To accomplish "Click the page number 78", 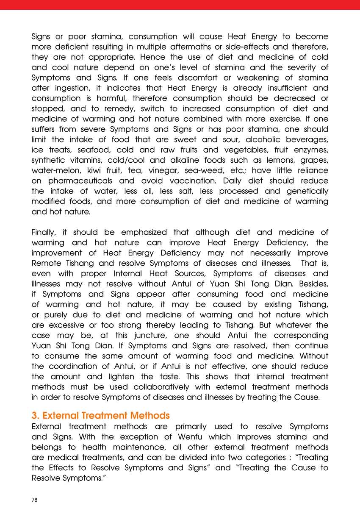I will tap(35, 500).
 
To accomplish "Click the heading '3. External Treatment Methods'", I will tap(100, 415).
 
